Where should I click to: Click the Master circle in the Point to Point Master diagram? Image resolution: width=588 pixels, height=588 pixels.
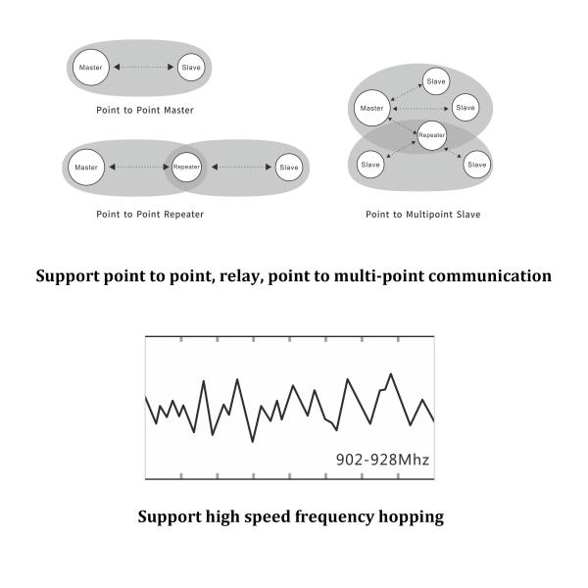point(91,67)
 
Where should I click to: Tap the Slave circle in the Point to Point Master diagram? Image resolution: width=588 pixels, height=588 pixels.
point(191,68)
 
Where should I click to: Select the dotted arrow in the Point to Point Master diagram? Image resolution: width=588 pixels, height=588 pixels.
point(144,68)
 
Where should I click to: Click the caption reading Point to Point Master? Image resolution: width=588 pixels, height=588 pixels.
point(145,110)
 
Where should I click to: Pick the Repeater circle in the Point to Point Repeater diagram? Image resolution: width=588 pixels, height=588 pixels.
point(186,168)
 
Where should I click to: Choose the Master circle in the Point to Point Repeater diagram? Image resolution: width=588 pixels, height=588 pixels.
point(87,168)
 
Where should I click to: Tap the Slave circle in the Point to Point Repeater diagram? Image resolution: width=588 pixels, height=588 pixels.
point(289,168)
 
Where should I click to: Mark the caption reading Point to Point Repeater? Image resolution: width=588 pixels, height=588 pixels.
point(150,214)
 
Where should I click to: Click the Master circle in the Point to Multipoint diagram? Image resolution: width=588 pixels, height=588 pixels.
point(371,107)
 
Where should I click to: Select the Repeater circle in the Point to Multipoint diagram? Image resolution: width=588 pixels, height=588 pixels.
point(431,132)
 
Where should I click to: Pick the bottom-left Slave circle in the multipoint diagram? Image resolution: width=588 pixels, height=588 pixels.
point(370,165)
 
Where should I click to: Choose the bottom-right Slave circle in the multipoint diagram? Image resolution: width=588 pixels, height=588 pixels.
point(476,165)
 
